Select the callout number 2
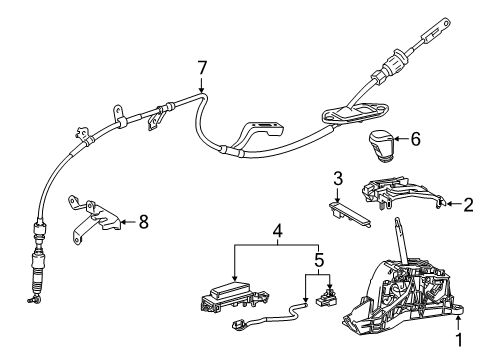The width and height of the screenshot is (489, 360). click(467, 205)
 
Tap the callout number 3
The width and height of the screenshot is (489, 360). click(338, 179)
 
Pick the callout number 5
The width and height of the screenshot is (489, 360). click(319, 263)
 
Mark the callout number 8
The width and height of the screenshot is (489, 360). click(143, 222)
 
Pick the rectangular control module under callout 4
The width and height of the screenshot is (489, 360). click(230, 296)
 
